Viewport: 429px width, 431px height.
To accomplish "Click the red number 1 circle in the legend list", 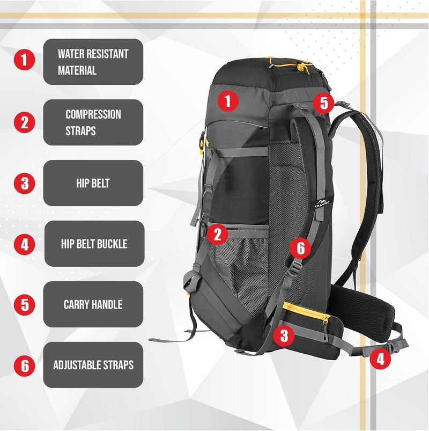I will coord(24,60).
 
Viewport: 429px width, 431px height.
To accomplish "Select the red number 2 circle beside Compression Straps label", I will coord(24,122).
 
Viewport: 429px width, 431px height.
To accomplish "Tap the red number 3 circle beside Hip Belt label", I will coord(24,183).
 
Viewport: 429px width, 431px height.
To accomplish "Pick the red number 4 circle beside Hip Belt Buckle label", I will coord(24,244).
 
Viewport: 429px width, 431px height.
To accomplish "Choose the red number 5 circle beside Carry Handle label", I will coord(24,305).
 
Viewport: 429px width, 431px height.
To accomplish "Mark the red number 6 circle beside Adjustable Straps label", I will coord(24,366).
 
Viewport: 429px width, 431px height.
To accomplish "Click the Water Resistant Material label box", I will coord(93,62).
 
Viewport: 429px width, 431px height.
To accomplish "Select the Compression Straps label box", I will coord(93,122).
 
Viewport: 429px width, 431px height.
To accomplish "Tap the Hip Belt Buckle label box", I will coord(93,244).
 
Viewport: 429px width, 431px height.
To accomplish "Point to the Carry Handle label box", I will coord(93,304).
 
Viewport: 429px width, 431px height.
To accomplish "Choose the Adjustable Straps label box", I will coord(93,365).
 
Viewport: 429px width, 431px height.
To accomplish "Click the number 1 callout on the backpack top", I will coord(228,100).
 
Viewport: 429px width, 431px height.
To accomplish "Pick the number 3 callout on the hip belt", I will coord(284,337).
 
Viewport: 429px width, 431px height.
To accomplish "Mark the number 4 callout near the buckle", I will coord(380,358).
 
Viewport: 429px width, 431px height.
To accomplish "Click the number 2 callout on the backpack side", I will coord(217,234).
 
